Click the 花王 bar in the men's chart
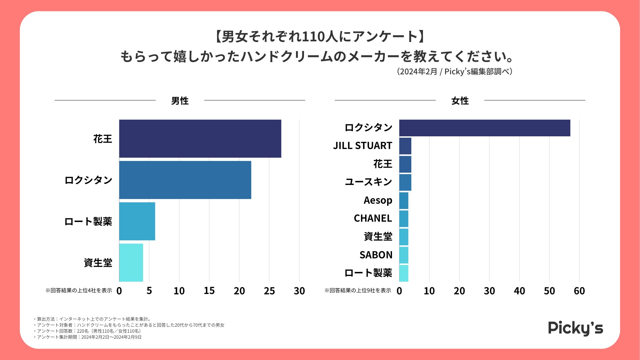pos(200,139)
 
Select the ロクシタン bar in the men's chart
pos(185,180)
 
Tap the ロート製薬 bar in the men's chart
pos(137,221)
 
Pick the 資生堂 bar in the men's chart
pos(131,263)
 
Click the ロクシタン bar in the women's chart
pos(485,128)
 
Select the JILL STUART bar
pos(405,146)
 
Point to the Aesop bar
pos(404,201)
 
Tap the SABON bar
pos(404,255)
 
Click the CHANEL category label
pos(373,218)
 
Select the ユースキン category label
pos(368,182)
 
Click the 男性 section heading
pos(180,101)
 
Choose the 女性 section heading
pos(460,101)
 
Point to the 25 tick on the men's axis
pos(269,291)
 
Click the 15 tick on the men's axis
pos(209,291)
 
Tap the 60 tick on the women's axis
pos(579,291)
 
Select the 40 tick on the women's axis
pos(519,291)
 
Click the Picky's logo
pos(575,328)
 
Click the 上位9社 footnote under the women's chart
pos(358,291)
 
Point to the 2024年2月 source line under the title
pos(455,72)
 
